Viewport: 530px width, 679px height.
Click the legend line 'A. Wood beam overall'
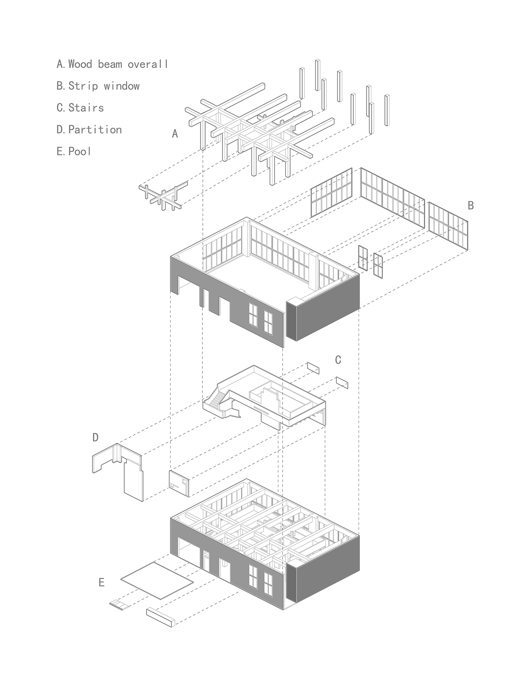point(112,64)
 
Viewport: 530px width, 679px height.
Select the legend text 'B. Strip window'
point(98,86)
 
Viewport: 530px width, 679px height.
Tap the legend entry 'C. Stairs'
point(80,107)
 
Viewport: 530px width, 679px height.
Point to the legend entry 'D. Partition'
point(89,129)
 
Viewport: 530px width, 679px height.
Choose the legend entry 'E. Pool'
point(74,151)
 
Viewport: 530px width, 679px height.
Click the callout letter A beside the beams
point(175,134)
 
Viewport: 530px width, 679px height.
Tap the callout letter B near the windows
point(471,205)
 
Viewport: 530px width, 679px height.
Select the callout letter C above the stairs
point(338,360)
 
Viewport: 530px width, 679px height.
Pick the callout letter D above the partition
point(95,438)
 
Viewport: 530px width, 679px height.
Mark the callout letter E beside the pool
point(101,582)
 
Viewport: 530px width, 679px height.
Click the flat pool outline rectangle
point(157,581)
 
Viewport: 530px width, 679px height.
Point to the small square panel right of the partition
point(179,483)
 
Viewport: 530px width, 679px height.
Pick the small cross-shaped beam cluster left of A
point(163,195)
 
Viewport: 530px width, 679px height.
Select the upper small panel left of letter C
point(313,368)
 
